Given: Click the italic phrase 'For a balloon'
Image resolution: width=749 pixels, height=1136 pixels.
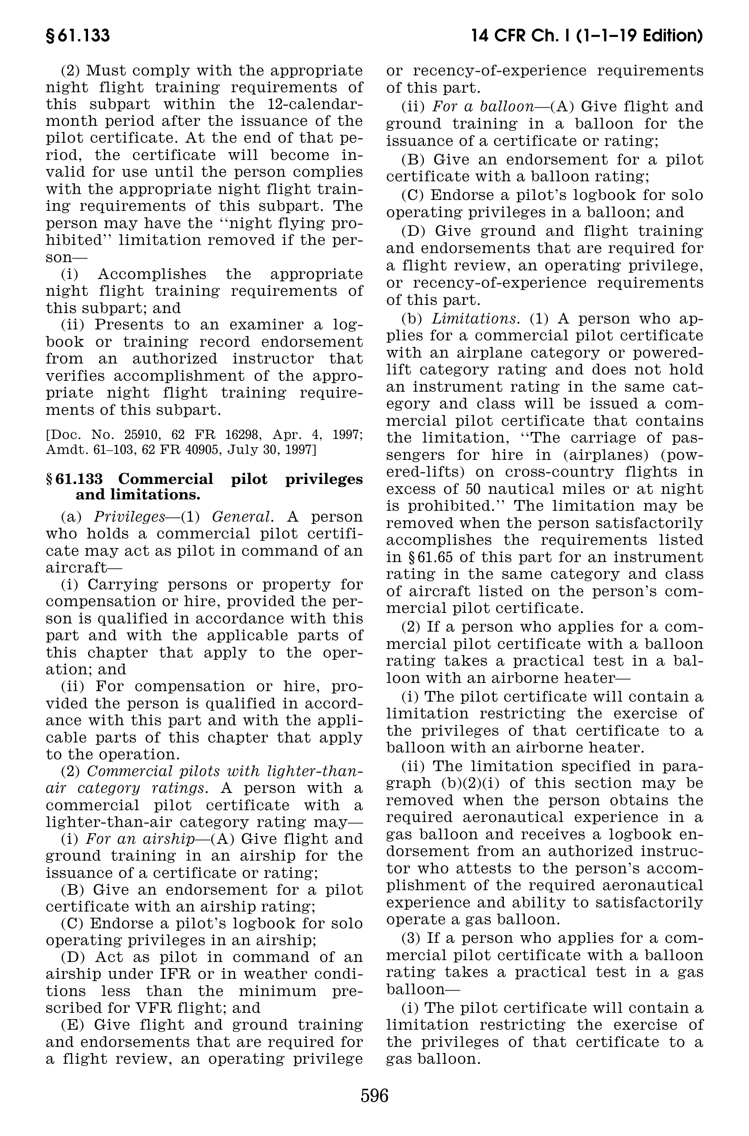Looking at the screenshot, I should (483, 106).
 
